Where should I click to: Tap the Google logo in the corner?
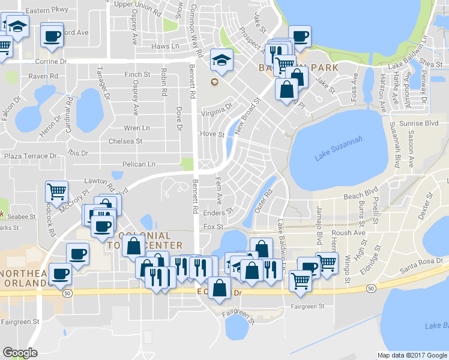point(20,353)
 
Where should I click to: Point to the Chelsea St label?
point(125,142)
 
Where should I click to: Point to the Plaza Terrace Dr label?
point(29,156)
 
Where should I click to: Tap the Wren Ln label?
point(137,128)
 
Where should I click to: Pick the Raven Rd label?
point(43,76)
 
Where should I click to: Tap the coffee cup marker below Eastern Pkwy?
point(51,35)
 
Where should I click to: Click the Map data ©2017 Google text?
point(411,355)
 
